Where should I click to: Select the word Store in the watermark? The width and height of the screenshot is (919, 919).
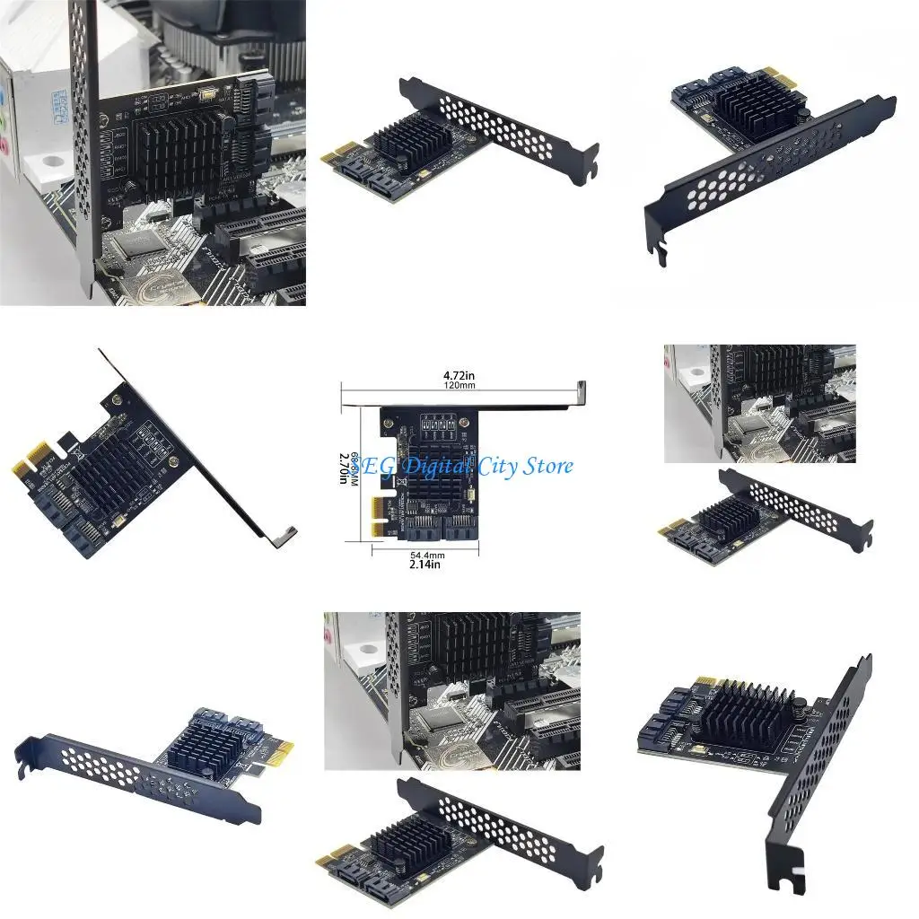tap(547, 467)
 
